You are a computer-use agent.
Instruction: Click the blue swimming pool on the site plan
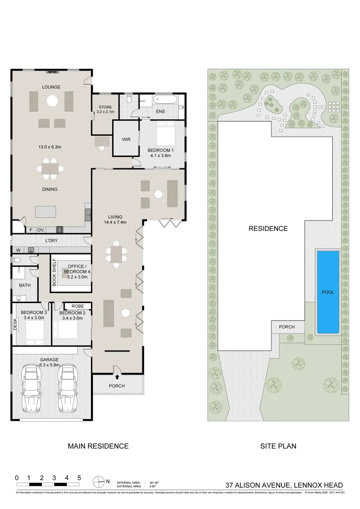pyautogui.click(x=328, y=292)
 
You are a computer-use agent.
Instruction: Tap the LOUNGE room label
pyautogui.click(x=50, y=87)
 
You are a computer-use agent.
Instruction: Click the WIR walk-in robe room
pyautogui.click(x=126, y=140)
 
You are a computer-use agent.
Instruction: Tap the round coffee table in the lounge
pyautogui.click(x=52, y=100)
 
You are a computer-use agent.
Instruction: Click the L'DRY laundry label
pyautogui.click(x=51, y=241)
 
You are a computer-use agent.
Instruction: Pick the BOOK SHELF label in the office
pyautogui.click(x=54, y=273)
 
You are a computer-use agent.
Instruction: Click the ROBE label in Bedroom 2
pyautogui.click(x=78, y=306)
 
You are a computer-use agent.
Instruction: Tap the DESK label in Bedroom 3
pyautogui.click(x=15, y=323)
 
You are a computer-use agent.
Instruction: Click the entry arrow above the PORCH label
pyautogui.click(x=117, y=377)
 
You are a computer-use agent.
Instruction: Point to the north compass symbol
pyautogui.click(x=99, y=482)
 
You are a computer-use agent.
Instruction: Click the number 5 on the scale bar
pyautogui.click(x=79, y=477)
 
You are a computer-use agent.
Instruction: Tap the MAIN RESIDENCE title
pyautogui.click(x=98, y=446)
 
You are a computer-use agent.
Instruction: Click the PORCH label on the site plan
pyautogui.click(x=286, y=327)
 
